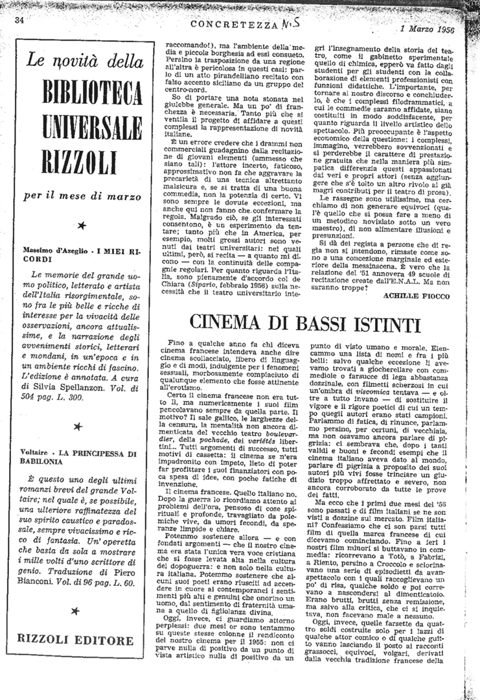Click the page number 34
(x=19, y=20)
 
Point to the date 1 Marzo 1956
(x=428, y=29)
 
